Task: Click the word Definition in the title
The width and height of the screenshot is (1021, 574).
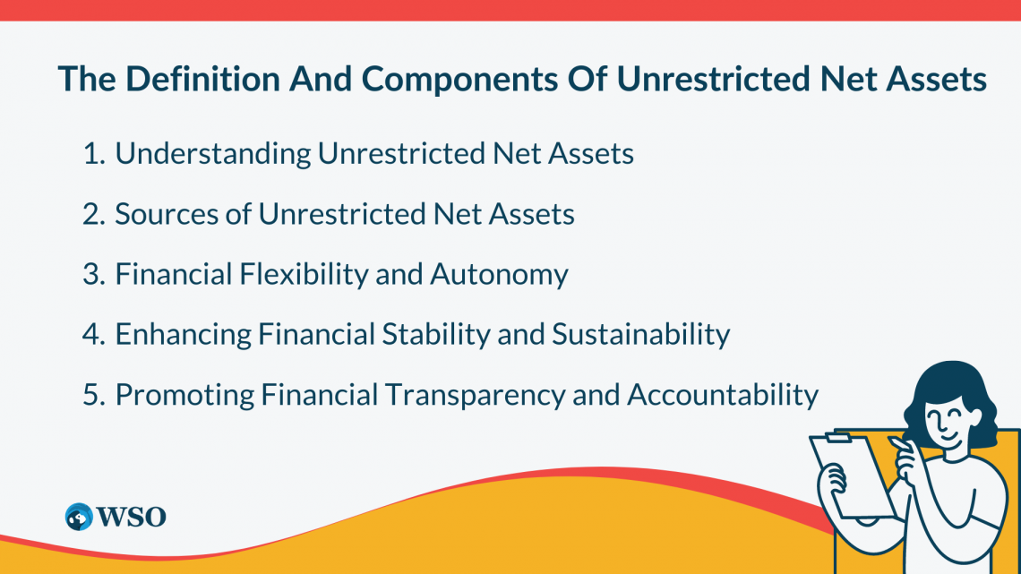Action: [202, 79]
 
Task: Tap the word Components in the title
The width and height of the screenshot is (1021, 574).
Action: [459, 80]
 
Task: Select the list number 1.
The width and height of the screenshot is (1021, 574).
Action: [93, 154]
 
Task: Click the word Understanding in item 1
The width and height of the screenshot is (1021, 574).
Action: [213, 154]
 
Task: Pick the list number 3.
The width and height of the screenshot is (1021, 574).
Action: [94, 274]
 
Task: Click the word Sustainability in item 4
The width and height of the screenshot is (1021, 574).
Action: [640, 335]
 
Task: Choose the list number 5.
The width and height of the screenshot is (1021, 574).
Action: [94, 395]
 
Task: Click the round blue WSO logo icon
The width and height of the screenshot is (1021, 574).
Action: [79, 517]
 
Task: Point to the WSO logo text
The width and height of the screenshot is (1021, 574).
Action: [131, 518]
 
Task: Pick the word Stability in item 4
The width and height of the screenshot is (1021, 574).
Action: [435, 335]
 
